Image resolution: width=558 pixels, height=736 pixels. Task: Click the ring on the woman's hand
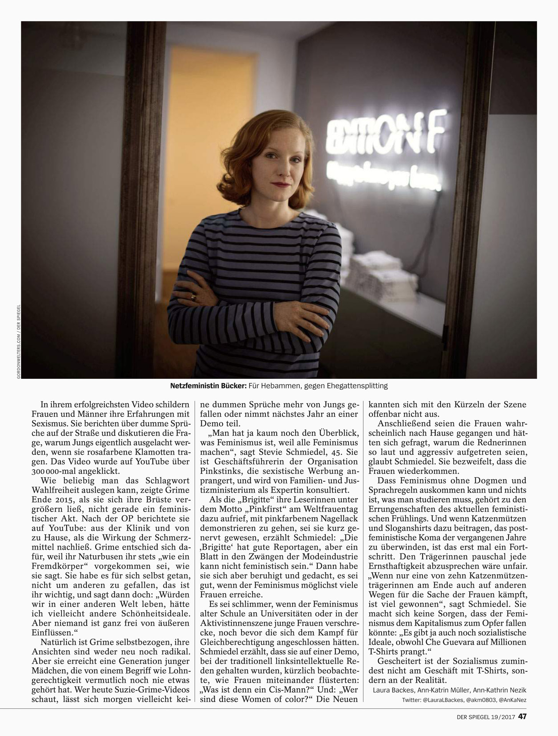coord(193,297)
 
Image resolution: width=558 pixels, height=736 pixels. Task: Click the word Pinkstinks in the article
coord(218,471)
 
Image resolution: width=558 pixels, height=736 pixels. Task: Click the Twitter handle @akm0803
coord(480,700)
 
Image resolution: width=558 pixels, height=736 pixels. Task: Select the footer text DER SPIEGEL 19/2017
coord(485,716)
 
